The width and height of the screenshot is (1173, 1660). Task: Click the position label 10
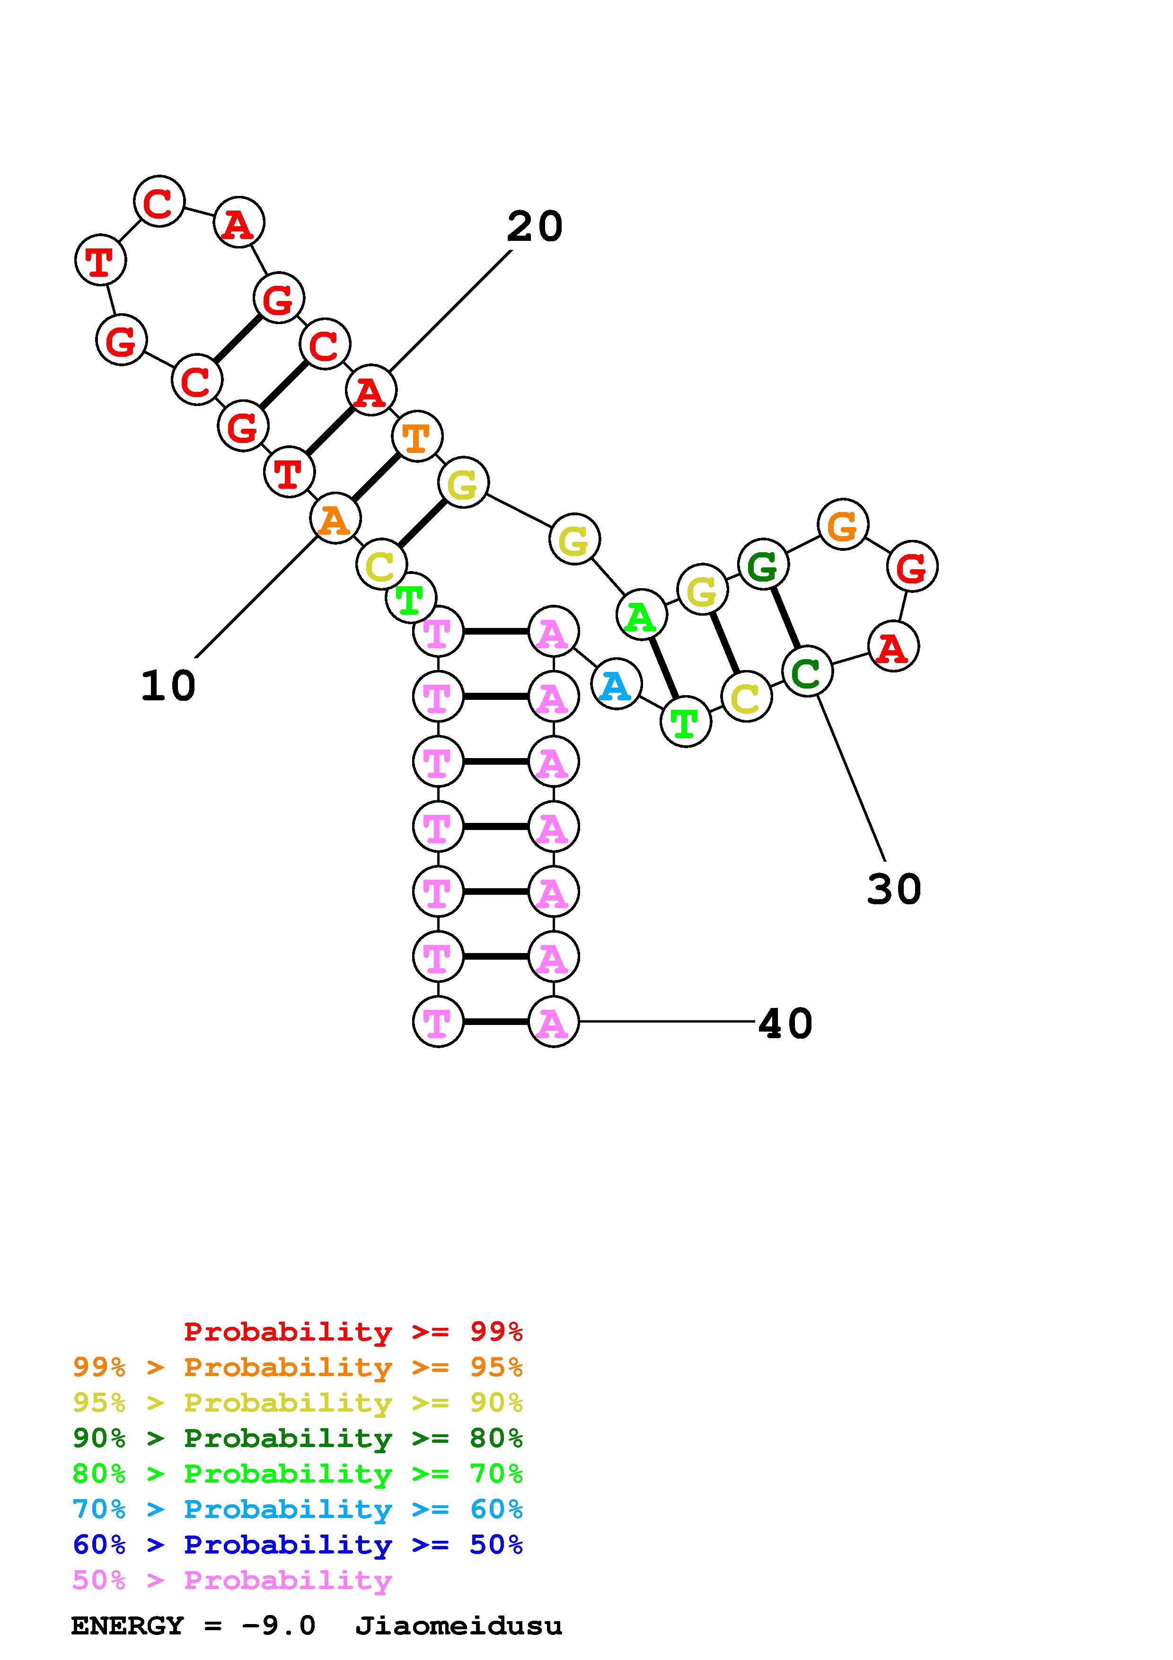(x=168, y=685)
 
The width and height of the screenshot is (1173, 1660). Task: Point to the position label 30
(x=894, y=889)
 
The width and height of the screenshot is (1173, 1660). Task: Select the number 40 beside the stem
(x=785, y=1024)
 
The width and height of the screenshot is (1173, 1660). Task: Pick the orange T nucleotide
(x=416, y=437)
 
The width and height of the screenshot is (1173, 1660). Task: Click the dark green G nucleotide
(x=762, y=565)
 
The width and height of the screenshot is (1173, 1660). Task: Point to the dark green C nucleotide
(x=807, y=672)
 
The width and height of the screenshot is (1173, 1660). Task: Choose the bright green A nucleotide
(x=640, y=616)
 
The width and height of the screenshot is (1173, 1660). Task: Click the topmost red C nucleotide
(x=159, y=201)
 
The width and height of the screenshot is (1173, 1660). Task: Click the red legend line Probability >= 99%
(x=353, y=1332)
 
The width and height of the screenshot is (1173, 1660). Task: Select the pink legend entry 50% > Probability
(x=232, y=1581)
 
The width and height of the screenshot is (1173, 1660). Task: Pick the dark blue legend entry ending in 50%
(x=297, y=1545)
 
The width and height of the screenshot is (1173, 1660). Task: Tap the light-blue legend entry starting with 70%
(x=297, y=1510)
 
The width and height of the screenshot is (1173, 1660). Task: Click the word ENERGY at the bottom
(x=127, y=1626)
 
